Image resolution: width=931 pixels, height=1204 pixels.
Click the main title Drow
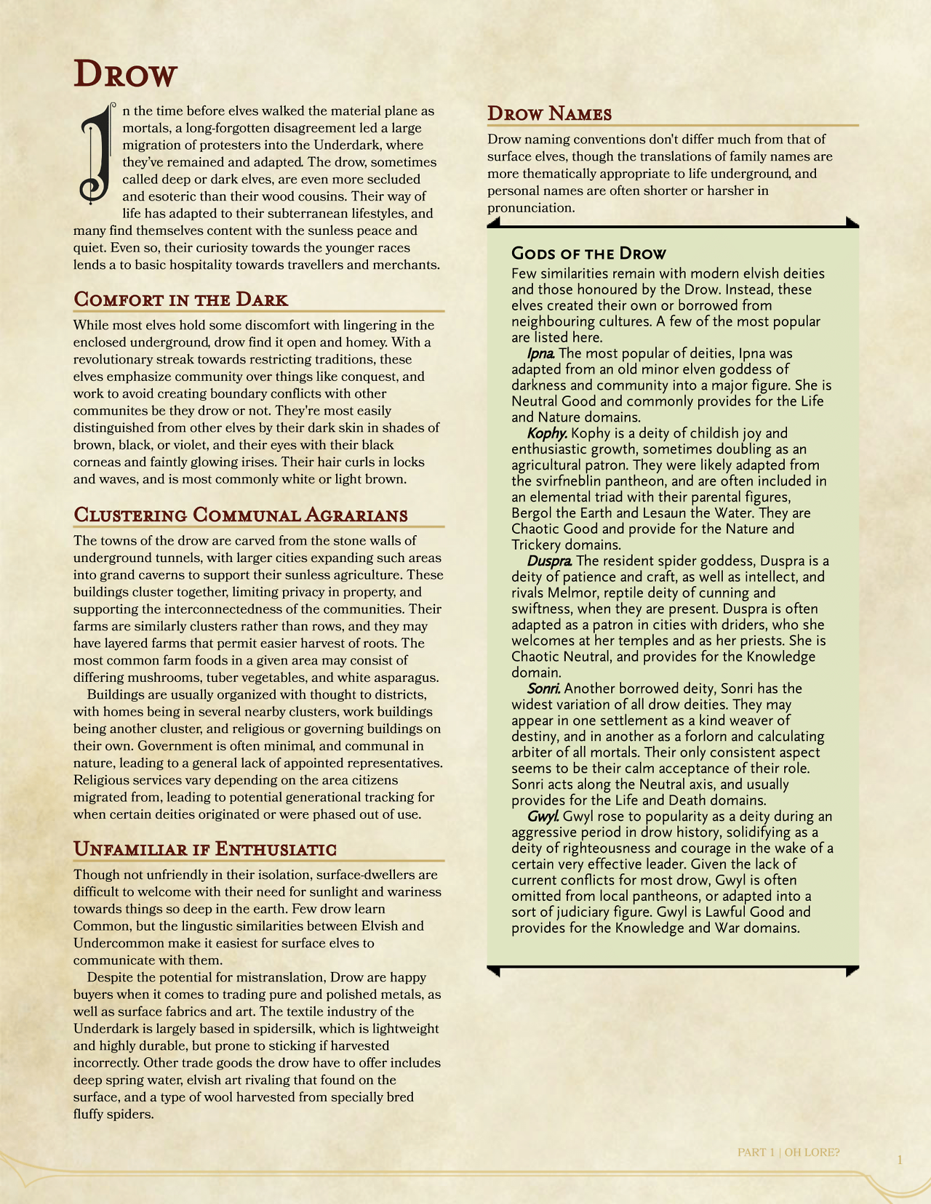coord(126,74)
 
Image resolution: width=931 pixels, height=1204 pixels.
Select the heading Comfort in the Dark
coord(180,300)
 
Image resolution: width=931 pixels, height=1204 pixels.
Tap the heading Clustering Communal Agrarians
coord(240,515)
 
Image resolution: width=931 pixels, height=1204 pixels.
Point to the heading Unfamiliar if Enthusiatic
coord(204,848)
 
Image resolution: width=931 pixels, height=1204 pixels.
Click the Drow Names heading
coord(549,113)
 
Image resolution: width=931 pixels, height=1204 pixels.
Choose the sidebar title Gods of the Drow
coord(588,254)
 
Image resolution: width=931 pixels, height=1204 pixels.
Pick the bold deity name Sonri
coord(543,689)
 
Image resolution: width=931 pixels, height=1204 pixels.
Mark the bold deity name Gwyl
coord(543,816)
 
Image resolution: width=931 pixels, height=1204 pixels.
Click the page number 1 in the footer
coord(900,1160)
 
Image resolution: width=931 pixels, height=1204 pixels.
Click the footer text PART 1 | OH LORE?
coord(788,1152)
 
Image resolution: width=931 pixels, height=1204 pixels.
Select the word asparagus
coord(405,678)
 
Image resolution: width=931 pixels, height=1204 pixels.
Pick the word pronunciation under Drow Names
coord(531,208)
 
